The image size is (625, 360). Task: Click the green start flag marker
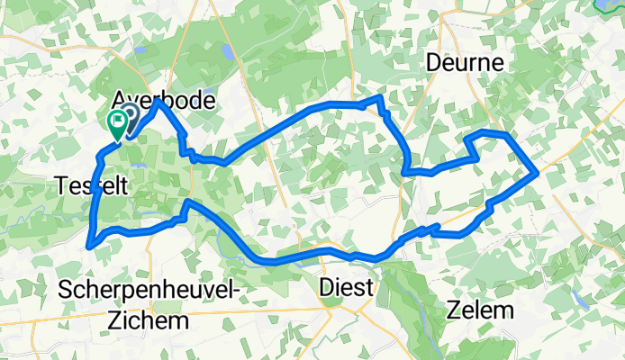click(117, 121)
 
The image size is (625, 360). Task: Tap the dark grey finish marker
click(130, 114)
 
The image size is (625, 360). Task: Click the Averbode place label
click(164, 100)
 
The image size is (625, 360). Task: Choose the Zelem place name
click(480, 311)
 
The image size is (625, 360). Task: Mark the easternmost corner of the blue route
click(538, 170)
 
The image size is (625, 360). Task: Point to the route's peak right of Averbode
click(159, 101)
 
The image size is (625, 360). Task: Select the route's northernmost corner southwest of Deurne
click(383, 96)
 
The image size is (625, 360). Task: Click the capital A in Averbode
click(120, 100)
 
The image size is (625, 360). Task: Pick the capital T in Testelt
click(61, 185)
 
